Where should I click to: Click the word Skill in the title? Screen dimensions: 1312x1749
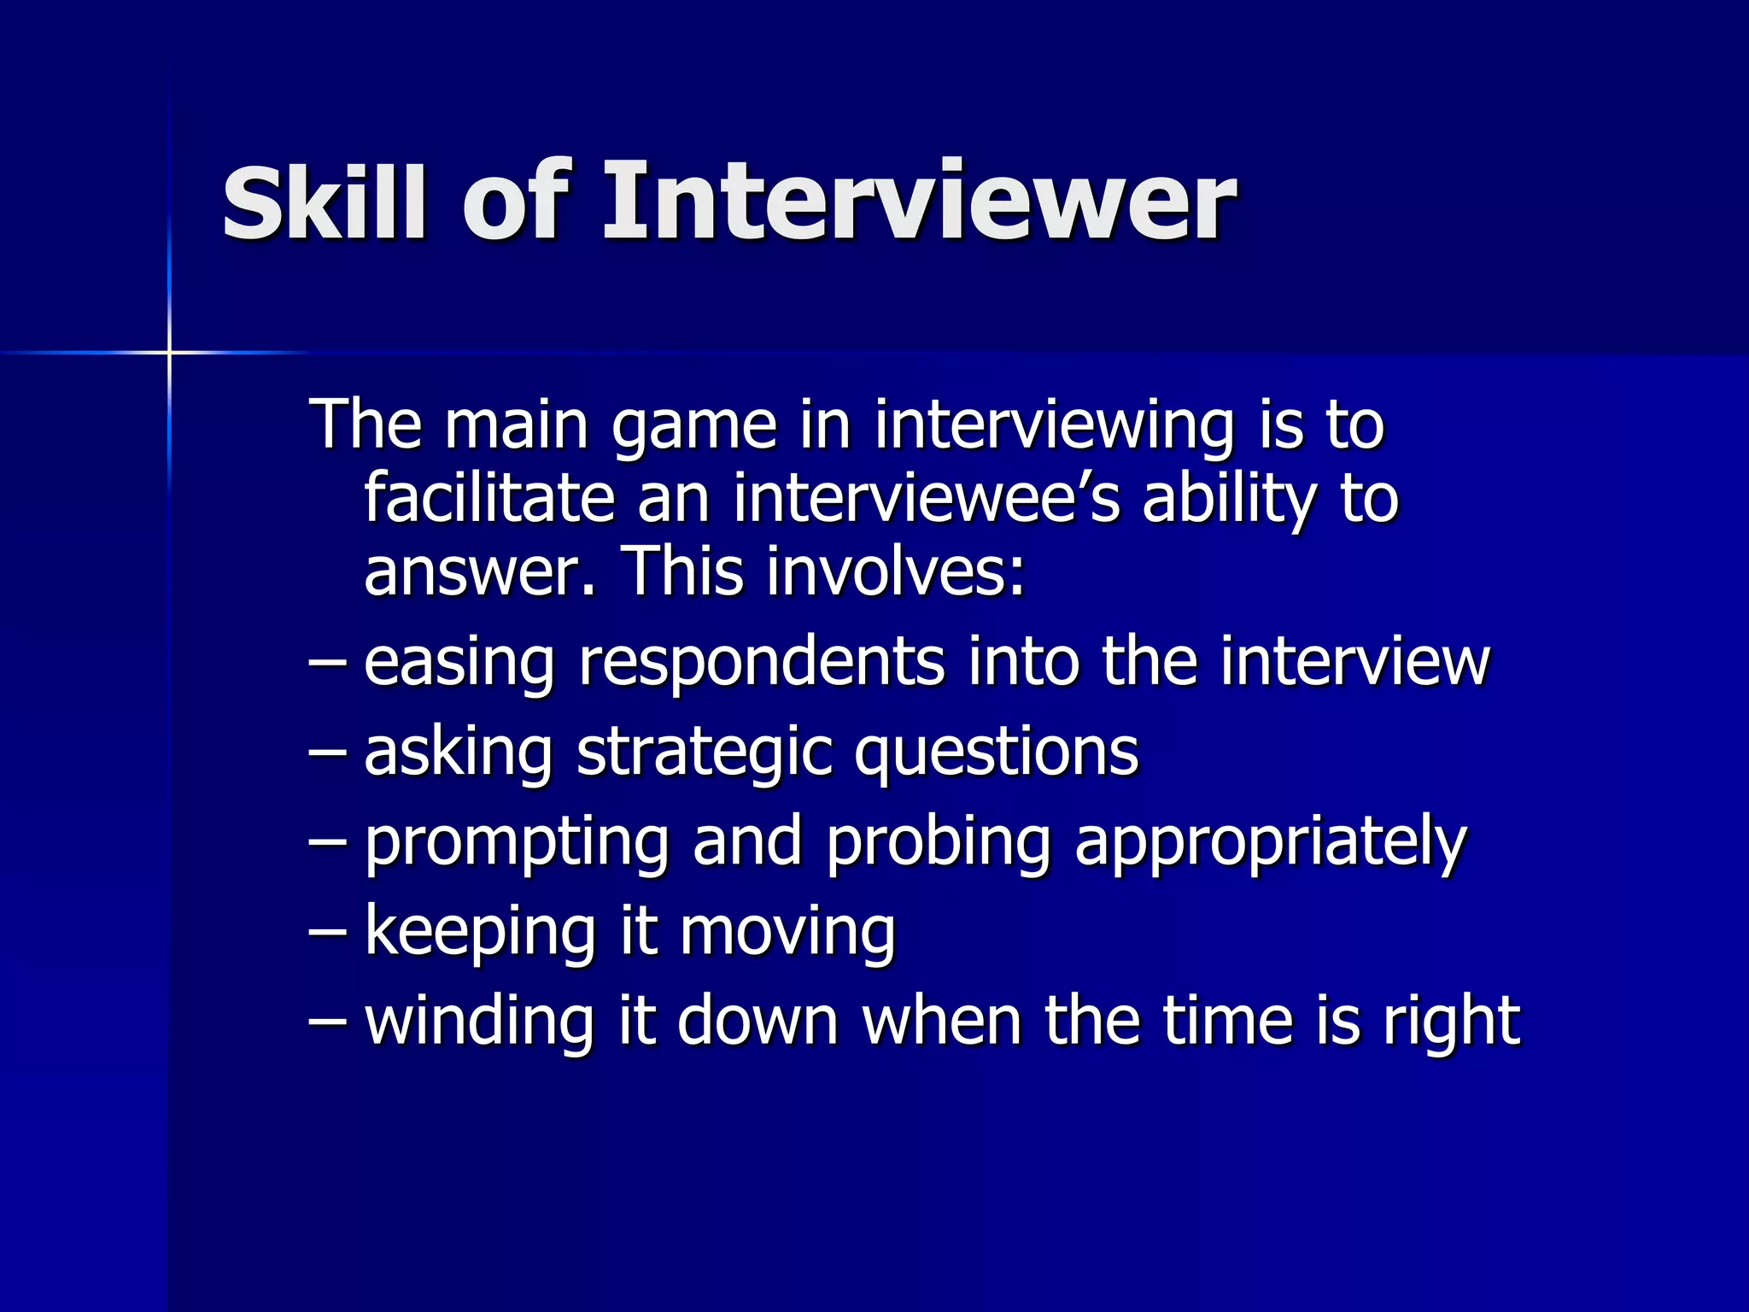click(x=324, y=203)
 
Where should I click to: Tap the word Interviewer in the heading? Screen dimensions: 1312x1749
click(x=919, y=203)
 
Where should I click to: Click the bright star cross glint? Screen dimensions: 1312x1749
click(x=169, y=352)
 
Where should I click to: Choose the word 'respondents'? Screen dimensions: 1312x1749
click(x=761, y=663)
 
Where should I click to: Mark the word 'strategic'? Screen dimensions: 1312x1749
click(x=704, y=753)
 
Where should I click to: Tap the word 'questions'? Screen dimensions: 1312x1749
click(x=996, y=753)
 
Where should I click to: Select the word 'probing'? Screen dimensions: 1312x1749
click(x=938, y=844)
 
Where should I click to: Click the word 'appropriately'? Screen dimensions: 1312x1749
click(x=1270, y=844)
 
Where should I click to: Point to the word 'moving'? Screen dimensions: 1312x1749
click(x=787, y=933)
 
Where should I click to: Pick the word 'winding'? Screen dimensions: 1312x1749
click(x=478, y=1022)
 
